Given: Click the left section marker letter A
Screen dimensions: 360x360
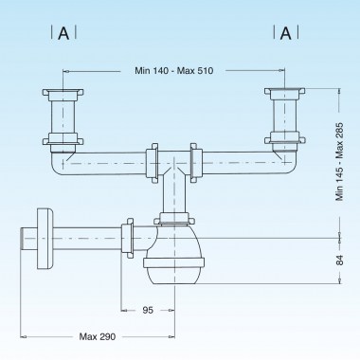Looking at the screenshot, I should (x=63, y=33).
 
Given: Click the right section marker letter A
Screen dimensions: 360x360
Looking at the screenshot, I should (x=284, y=33).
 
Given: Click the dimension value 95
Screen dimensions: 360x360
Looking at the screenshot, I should (x=147, y=310).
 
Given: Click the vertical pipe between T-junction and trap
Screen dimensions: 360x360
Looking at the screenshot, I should (x=172, y=194).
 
